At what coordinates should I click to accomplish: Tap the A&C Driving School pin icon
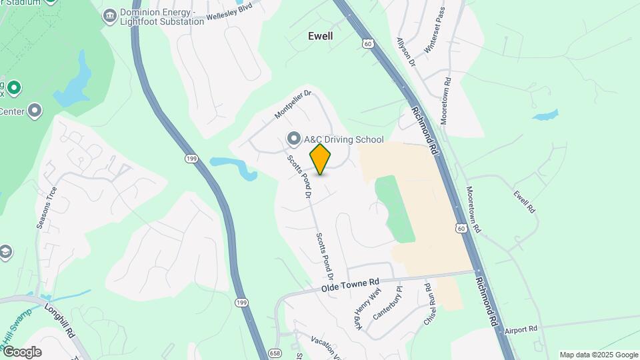coord(293,139)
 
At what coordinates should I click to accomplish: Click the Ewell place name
coord(320,36)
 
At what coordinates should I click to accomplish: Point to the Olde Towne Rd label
coord(350,286)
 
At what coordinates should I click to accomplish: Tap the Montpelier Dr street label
coord(294,105)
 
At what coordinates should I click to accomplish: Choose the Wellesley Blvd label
coord(231,13)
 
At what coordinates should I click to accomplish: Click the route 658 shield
coord(274,352)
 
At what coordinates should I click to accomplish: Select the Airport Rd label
coord(521,329)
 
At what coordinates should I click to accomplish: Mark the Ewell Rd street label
coord(525,201)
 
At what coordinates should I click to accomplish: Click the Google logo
coord(21,352)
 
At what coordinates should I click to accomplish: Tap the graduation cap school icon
coord(6,251)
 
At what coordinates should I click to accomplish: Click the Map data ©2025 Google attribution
coord(598,355)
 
